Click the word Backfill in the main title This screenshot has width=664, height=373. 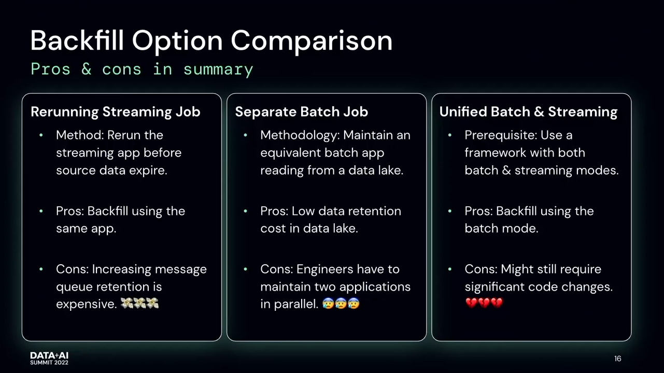[x=77, y=40]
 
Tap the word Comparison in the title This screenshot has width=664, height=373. [x=312, y=41]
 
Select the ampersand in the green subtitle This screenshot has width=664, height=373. [x=86, y=69]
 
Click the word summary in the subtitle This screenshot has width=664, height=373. [x=218, y=70]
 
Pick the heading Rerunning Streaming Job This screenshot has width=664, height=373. [x=116, y=112]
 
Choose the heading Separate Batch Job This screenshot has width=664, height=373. [x=302, y=112]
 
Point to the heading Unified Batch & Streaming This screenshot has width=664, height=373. [x=528, y=112]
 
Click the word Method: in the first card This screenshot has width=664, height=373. [x=80, y=135]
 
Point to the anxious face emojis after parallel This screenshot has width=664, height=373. [x=341, y=304]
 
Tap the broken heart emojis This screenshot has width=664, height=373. [x=484, y=303]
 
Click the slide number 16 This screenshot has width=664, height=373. [x=618, y=358]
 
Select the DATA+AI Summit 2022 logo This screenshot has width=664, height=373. [x=49, y=358]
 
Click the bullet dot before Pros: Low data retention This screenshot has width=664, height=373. [x=246, y=211]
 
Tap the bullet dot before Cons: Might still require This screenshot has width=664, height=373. [x=450, y=269]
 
